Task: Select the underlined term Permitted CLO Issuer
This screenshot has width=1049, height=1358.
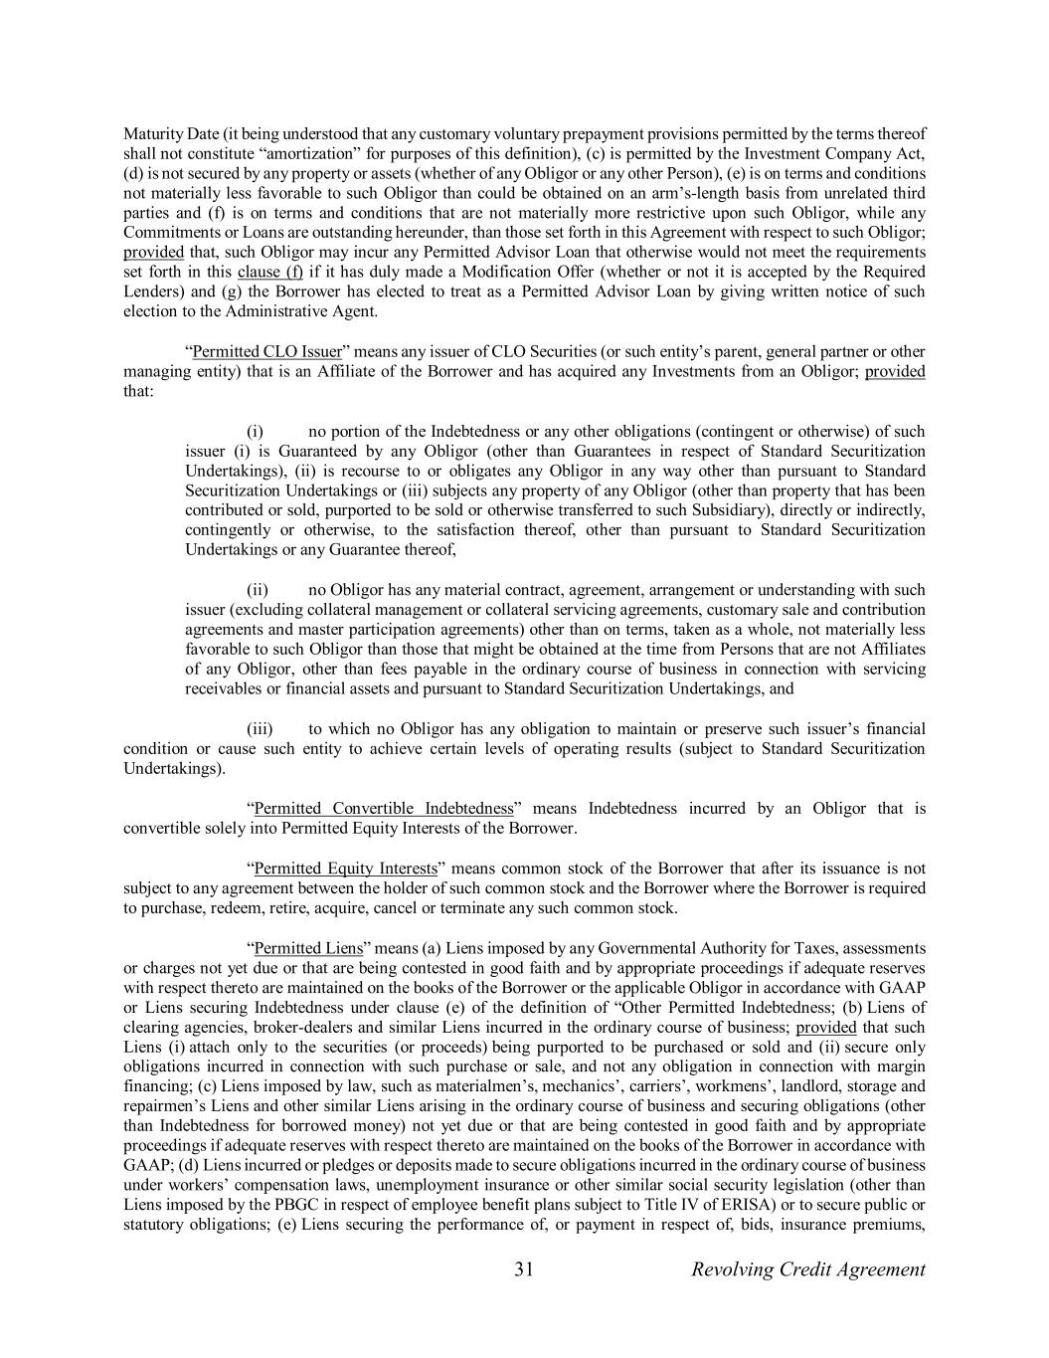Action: click(x=266, y=351)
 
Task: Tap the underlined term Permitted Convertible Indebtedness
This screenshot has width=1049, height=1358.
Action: click(x=384, y=808)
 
